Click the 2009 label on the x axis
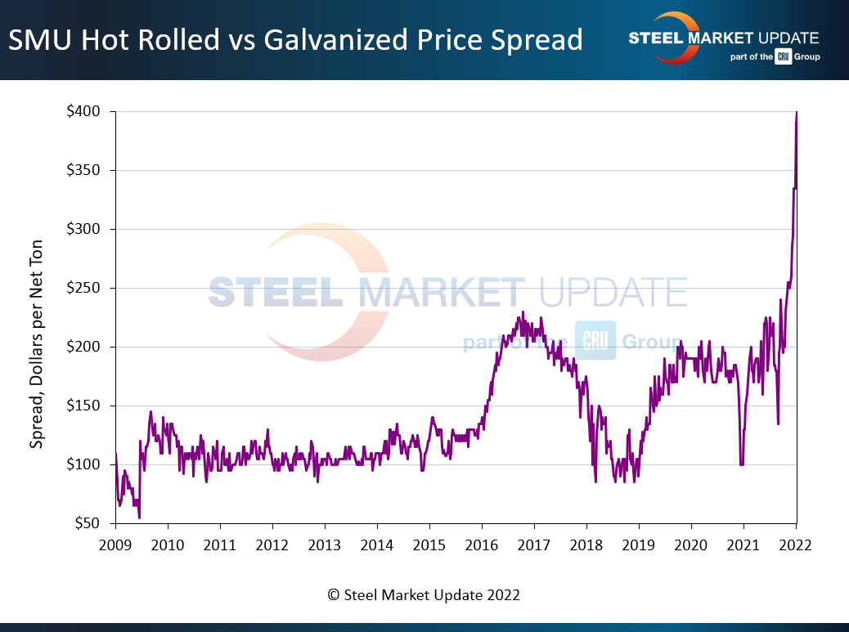point(115,545)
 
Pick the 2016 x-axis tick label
point(482,545)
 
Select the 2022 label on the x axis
point(796,545)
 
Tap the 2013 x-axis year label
point(325,545)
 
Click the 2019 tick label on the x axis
point(639,545)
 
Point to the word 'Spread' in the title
point(535,39)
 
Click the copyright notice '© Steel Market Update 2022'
point(424,595)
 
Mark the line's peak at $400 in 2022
point(796,113)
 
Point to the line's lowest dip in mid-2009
point(139,517)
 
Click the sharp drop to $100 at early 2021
point(742,464)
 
